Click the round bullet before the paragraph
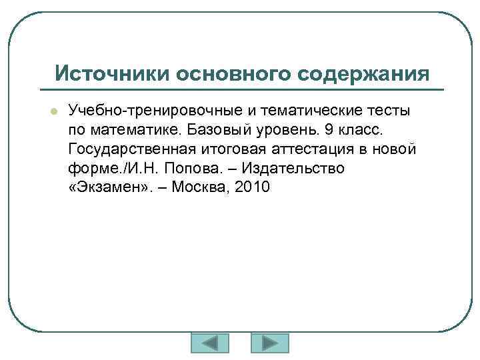(55, 110)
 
